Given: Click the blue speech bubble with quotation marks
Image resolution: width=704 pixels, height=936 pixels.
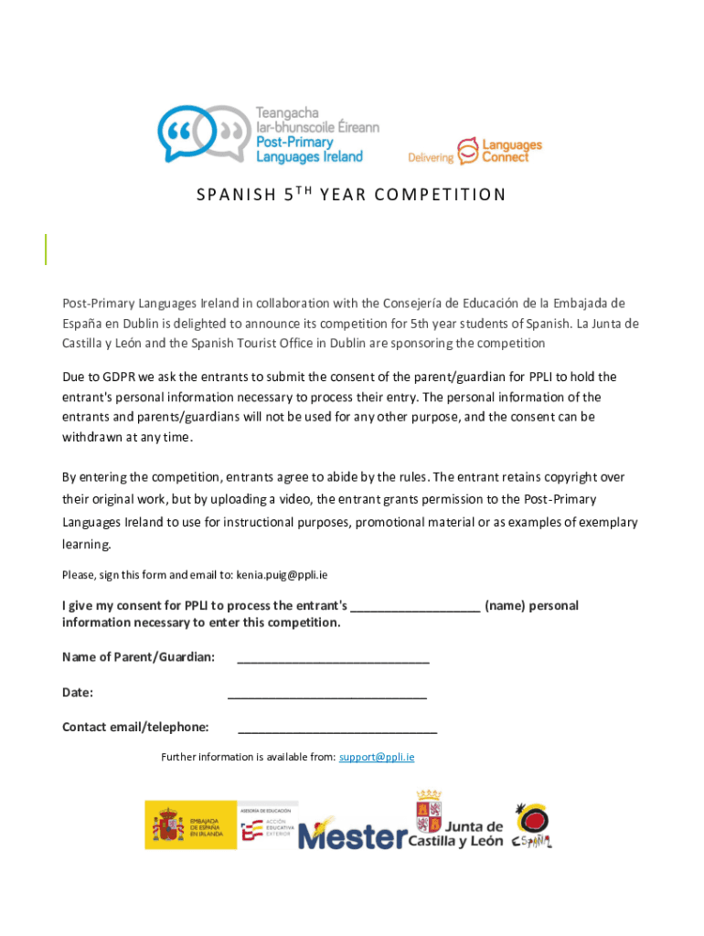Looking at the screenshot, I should [183, 133].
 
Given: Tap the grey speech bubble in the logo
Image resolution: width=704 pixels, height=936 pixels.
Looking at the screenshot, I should [223, 133].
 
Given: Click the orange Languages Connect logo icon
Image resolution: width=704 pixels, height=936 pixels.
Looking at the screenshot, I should [467, 149].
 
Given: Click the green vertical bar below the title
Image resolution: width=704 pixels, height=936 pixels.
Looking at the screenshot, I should [46, 250].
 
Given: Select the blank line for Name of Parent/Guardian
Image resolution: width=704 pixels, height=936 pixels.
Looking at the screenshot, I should [333, 659].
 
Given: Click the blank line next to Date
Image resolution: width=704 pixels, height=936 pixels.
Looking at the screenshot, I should [326, 694].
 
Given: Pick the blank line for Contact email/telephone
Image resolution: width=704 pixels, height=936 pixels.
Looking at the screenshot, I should [336, 729].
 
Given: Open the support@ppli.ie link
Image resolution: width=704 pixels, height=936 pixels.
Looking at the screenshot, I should [377, 757].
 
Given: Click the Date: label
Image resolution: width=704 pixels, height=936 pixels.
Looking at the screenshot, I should [78, 693].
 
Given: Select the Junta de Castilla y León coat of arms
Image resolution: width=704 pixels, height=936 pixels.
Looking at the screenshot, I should [428, 813].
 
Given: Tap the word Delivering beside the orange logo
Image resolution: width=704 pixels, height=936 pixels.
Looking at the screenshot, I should [431, 157].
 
